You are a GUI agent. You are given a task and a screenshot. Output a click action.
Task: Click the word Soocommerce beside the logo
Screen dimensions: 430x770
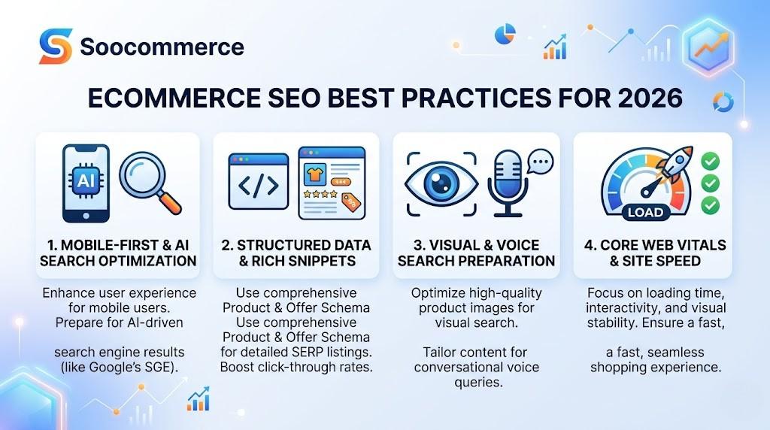pyautogui.click(x=162, y=47)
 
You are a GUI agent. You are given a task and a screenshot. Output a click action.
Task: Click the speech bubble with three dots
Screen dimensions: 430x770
pyautogui.click(x=539, y=160)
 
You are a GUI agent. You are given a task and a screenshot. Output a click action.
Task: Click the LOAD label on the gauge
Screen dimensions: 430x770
pyautogui.click(x=645, y=212)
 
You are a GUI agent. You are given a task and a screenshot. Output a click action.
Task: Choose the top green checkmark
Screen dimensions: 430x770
pyautogui.click(x=709, y=161)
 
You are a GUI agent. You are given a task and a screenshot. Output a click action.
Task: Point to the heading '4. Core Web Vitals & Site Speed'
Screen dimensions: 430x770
pyautogui.click(x=653, y=253)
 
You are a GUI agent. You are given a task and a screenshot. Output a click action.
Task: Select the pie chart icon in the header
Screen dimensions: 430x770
pyautogui.click(x=505, y=33)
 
